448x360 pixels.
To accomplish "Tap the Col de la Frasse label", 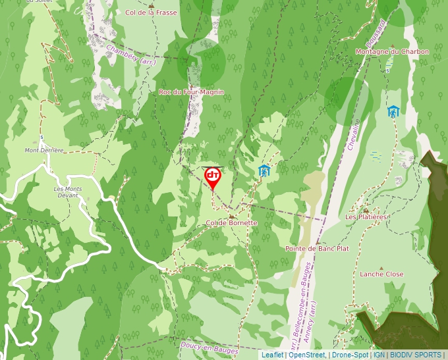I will [151, 13].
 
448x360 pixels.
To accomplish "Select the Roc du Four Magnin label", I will [191, 92].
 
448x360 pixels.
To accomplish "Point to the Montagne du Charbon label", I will [391, 51].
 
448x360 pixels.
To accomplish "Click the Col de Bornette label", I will [231, 223].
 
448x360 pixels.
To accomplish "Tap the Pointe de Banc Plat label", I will [317, 249].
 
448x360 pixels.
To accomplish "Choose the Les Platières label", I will [366, 217].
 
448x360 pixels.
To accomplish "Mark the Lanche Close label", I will [381, 274].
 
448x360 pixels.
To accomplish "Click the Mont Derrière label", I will [44, 150].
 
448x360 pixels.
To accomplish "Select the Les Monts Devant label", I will [68, 192].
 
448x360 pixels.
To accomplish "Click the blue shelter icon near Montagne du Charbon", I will [393, 111].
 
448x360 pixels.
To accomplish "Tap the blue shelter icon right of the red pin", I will [264, 170].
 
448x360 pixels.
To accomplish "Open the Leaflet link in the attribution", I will [273, 355].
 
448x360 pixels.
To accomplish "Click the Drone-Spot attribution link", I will [350, 355].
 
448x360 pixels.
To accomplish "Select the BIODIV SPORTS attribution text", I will [416, 355].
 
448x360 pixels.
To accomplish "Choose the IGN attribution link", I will [379, 355].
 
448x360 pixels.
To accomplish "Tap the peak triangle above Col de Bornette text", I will [231, 215].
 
